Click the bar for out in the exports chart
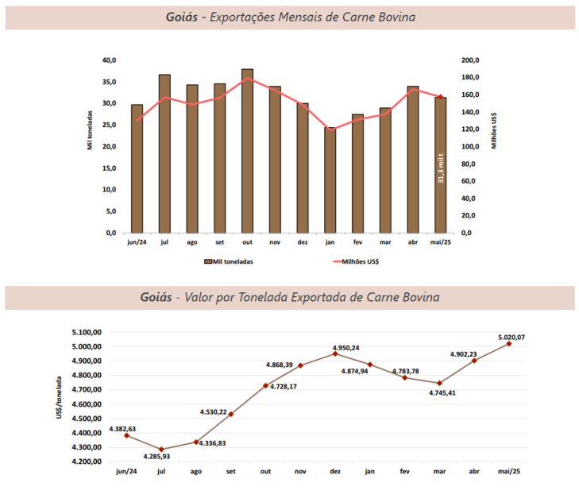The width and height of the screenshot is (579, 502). (x=247, y=151)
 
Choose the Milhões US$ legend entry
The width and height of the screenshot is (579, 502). (x=358, y=261)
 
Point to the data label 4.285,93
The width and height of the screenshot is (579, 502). (x=161, y=457)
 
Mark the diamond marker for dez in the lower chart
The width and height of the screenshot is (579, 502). (x=335, y=353)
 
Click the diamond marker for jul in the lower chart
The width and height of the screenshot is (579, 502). (x=161, y=450)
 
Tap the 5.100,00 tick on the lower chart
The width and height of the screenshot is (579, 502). (x=87, y=333)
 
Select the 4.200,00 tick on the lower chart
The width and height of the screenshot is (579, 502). (x=87, y=461)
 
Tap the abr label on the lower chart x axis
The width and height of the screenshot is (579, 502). (x=473, y=472)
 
